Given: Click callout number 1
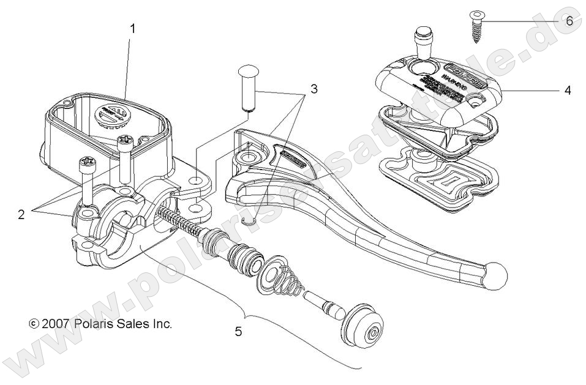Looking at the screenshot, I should tap(133, 28).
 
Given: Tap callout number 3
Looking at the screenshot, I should tap(314, 89).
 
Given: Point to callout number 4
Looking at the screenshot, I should tap(568, 90).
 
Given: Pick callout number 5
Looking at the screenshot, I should tap(238, 331).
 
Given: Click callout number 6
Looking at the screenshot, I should tap(569, 21).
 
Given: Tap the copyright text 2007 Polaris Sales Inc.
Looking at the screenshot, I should tap(101, 323).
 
